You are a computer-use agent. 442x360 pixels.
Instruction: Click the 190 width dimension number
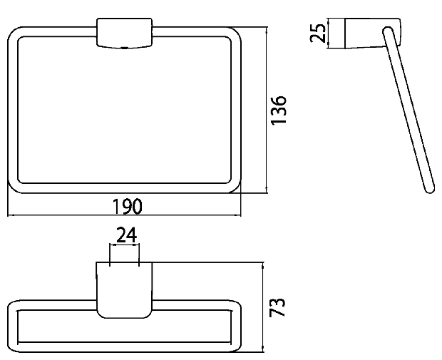point(127,206)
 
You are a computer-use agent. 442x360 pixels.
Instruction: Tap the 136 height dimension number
point(278,110)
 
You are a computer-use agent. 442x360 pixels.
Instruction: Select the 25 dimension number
point(318,33)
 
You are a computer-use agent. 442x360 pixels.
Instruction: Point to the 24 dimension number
point(127,235)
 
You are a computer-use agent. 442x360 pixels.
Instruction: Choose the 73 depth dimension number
point(277,307)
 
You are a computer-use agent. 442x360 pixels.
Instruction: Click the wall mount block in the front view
point(125,33)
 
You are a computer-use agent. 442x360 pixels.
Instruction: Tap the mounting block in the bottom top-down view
point(124,290)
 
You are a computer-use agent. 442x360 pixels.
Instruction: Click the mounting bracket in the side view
point(373,33)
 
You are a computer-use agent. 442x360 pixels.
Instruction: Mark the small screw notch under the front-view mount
point(124,48)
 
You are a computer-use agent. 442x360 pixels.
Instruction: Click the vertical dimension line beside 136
point(267,110)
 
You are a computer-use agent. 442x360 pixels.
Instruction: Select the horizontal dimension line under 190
point(124,215)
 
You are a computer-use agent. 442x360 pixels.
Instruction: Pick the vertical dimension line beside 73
point(263,307)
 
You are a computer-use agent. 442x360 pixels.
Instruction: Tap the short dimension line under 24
point(124,245)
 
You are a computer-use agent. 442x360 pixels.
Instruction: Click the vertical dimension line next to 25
point(329,33)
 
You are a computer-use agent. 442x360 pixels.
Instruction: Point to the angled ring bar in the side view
point(408,110)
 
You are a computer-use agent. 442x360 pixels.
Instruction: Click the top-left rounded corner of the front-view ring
point(13,32)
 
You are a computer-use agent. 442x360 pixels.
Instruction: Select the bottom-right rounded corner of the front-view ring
point(236,188)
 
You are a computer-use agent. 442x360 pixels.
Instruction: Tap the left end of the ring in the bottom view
point(13,326)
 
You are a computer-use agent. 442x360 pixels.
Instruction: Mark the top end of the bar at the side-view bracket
point(387,31)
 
